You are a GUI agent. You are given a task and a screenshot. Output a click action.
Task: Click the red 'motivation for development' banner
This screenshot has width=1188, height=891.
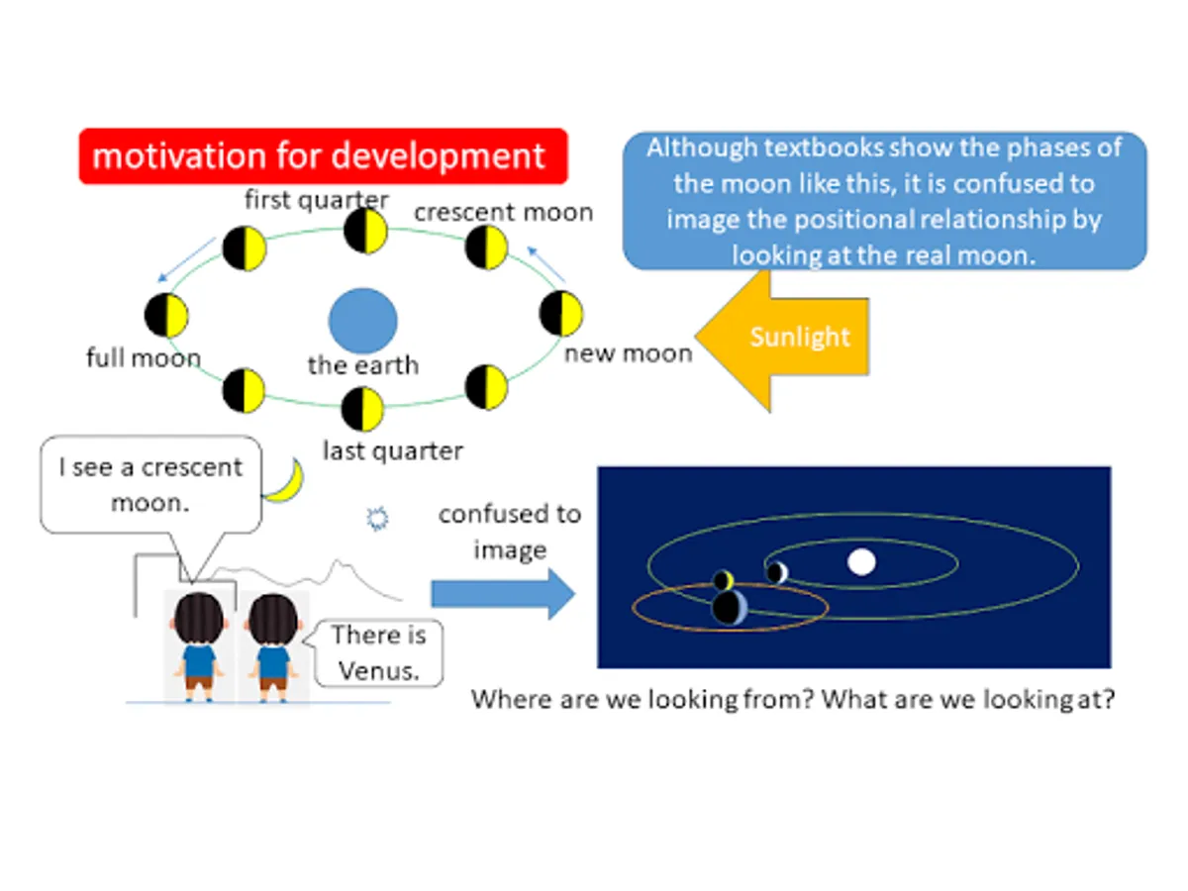click(323, 155)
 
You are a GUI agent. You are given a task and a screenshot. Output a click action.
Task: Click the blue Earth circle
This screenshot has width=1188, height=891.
click(362, 320)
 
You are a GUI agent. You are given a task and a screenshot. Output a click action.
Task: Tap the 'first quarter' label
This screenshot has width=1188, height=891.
click(316, 200)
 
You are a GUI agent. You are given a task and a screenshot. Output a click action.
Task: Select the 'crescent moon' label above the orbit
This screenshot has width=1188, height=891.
click(503, 212)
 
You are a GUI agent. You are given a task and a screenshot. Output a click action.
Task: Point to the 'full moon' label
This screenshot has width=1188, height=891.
click(144, 357)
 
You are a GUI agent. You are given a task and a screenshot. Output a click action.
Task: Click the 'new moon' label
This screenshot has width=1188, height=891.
click(629, 353)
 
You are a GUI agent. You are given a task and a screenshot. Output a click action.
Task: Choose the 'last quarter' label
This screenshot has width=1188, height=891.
click(393, 450)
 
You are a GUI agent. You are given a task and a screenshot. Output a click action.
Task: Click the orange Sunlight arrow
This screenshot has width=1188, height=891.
click(782, 341)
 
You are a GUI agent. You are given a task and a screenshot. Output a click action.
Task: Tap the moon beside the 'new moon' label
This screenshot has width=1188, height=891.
click(561, 313)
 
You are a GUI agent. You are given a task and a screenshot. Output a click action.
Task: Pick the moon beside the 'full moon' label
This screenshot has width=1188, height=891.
click(166, 316)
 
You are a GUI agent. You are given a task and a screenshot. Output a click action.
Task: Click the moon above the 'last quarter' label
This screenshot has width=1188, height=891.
click(362, 409)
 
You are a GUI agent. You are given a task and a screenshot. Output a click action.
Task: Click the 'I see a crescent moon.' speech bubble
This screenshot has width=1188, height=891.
click(151, 485)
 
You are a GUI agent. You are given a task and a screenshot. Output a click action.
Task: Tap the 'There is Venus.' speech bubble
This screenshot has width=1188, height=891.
click(379, 653)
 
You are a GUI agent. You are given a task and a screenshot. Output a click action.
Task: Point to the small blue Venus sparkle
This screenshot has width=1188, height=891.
click(377, 518)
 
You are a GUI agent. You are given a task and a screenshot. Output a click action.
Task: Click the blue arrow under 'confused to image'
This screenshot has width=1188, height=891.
click(503, 594)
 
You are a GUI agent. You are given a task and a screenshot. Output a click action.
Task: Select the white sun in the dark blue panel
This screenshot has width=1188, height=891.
click(861, 562)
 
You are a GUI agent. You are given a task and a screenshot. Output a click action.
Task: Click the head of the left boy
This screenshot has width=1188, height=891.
click(199, 618)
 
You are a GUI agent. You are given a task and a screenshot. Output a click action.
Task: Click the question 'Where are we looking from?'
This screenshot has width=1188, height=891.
click(643, 700)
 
